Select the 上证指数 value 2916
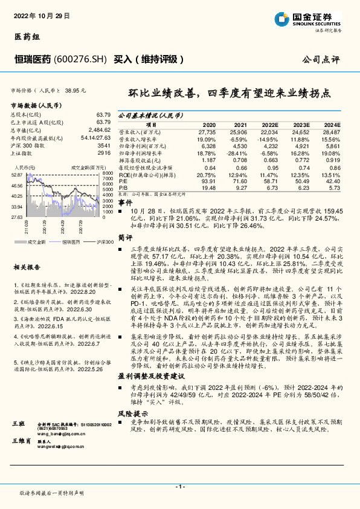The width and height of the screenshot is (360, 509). [104, 153]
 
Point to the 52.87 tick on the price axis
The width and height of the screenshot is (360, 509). [17, 174]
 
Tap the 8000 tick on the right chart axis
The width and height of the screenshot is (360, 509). [108, 174]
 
